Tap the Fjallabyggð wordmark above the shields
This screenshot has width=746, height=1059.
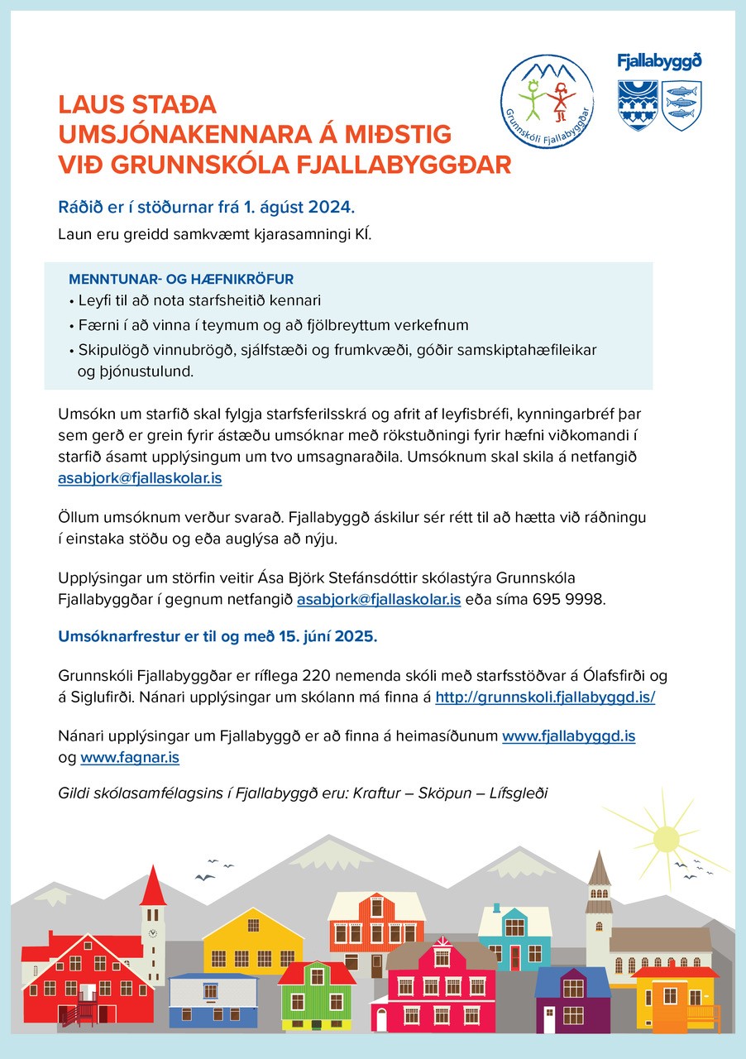[659, 61]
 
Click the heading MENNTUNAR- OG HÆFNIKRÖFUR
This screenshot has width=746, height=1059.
[181, 279]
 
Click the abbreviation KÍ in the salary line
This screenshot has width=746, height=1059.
[364, 234]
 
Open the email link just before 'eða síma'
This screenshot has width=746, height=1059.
[379, 601]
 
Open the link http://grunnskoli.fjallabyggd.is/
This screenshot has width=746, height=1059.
[545, 697]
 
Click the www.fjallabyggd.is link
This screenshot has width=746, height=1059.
[569, 735]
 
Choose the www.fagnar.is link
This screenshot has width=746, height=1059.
[130, 757]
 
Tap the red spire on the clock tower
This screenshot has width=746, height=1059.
[153, 886]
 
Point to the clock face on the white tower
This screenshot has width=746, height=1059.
[153, 932]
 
